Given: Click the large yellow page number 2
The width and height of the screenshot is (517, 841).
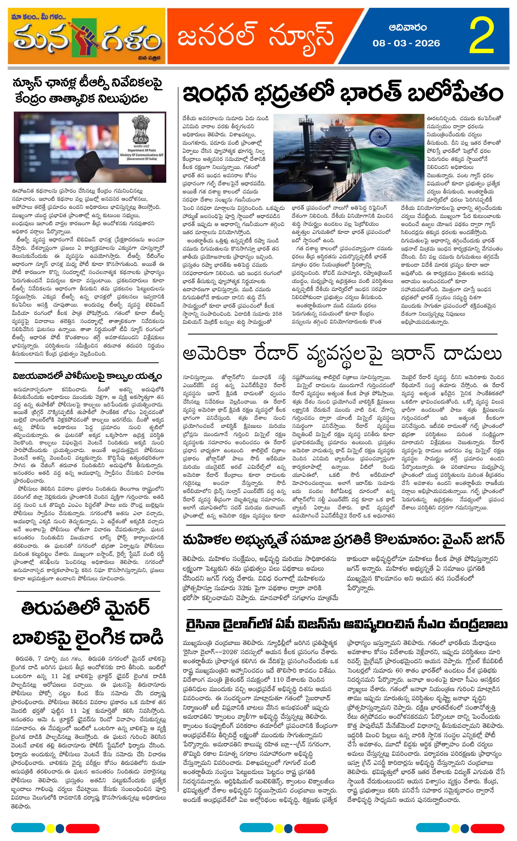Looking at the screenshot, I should pos(482,36).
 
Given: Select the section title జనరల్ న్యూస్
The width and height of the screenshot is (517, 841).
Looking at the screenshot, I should pos(255,36).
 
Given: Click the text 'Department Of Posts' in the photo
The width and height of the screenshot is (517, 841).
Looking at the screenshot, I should pos(141,150).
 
